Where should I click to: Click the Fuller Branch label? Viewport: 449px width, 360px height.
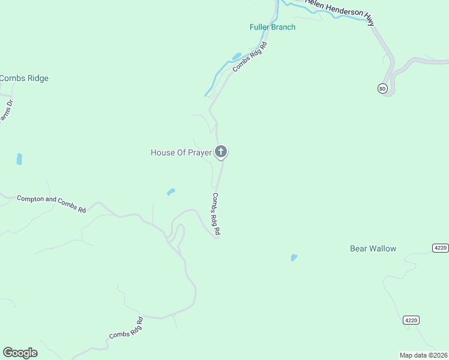coord(273,27)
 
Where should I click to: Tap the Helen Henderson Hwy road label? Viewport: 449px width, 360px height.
coord(340,11)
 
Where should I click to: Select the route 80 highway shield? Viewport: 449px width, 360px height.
coord(383,89)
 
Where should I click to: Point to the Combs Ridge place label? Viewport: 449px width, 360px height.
coord(24,78)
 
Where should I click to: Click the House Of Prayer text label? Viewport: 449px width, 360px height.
coord(181,152)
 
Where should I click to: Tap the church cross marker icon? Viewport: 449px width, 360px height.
coord(221,152)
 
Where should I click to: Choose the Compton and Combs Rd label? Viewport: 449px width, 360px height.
coord(51,203)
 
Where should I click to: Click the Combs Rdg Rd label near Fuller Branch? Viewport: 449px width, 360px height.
coord(249,58)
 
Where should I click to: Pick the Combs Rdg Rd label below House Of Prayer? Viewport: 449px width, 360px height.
coord(217,214)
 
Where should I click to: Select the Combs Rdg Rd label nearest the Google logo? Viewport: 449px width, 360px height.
coord(126,327)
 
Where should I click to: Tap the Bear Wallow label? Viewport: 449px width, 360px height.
coord(373,248)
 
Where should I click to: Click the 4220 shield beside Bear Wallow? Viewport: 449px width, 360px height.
coord(440,248)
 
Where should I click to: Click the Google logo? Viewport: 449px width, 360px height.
coord(20,353)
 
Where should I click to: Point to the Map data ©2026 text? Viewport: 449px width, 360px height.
coord(423,355)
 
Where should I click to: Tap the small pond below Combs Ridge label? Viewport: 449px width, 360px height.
coord(19,159)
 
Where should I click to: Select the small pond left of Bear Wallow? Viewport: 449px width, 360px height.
coord(294,257)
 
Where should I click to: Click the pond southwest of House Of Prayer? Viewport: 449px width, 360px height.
coord(171,192)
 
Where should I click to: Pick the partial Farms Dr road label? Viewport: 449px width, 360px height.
coord(6,111)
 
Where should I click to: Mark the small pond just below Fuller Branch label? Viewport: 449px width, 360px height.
coord(236,56)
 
